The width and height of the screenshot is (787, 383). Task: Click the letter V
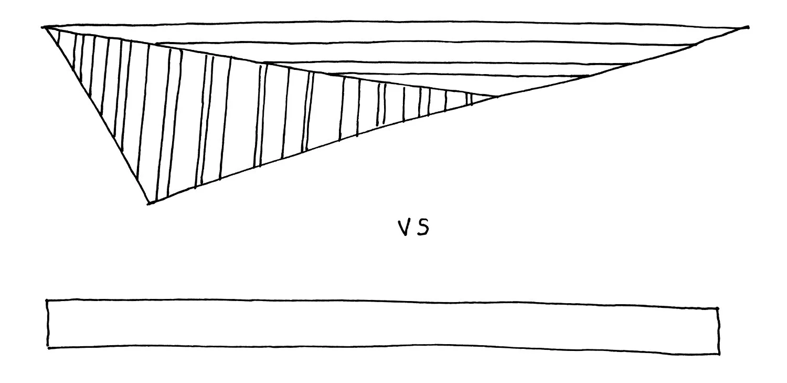coord(403,227)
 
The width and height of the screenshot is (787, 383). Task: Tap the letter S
coord(423,227)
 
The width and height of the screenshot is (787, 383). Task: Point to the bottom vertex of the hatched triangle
coord(149,203)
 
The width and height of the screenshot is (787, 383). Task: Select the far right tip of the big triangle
coord(747,27)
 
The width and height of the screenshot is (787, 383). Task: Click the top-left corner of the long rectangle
coord(47,301)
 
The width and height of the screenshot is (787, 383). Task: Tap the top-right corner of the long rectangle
coord(718,309)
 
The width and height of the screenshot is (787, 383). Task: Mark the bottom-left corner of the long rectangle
coord(48,347)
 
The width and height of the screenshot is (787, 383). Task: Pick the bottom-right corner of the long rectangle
coord(719,354)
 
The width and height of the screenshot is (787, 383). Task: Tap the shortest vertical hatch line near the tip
coord(471,99)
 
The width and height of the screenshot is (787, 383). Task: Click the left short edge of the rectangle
coord(48,324)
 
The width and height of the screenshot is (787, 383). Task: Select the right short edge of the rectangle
coord(718,331)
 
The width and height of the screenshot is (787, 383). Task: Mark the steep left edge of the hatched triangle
coord(97,116)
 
